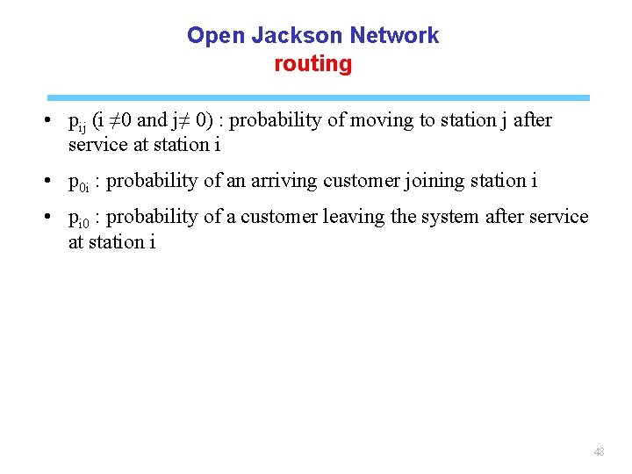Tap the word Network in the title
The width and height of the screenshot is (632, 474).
394,36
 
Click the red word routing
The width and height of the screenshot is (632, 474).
312,64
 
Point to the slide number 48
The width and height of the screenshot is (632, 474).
599,452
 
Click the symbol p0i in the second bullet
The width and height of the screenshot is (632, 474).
78,183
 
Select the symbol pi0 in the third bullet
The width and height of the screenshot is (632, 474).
78,219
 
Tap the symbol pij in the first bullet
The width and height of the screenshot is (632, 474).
78,122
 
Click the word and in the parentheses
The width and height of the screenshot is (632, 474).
152,120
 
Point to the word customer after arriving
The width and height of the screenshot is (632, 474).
357,182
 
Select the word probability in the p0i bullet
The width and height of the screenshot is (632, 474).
150,182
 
